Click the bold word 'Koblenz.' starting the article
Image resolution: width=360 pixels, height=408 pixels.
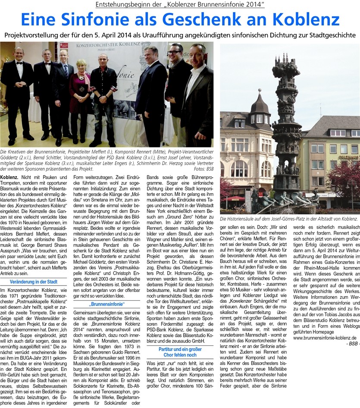(9, 177)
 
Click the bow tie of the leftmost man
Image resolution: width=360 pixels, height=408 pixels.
(19, 63)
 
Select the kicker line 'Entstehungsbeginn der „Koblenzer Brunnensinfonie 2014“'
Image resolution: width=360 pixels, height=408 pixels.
(180, 5)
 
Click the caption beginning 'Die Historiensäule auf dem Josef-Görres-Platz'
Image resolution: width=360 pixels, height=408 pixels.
(289, 220)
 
